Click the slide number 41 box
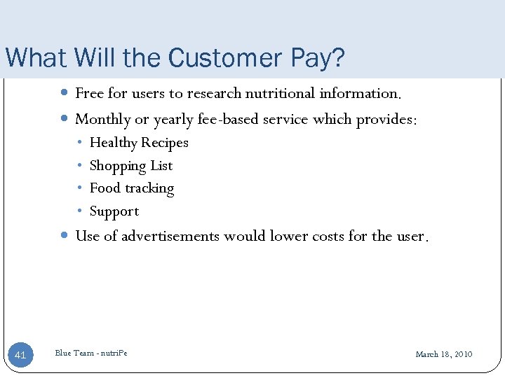click(20, 355)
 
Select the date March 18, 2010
click(443, 354)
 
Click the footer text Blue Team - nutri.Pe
click(91, 353)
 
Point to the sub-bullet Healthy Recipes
click(139, 143)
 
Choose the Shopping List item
click(131, 166)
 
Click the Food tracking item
click(132, 188)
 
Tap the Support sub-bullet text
click(114, 211)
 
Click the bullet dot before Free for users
click(64, 93)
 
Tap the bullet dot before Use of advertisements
click(64, 236)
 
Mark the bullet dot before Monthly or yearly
click(64, 120)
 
